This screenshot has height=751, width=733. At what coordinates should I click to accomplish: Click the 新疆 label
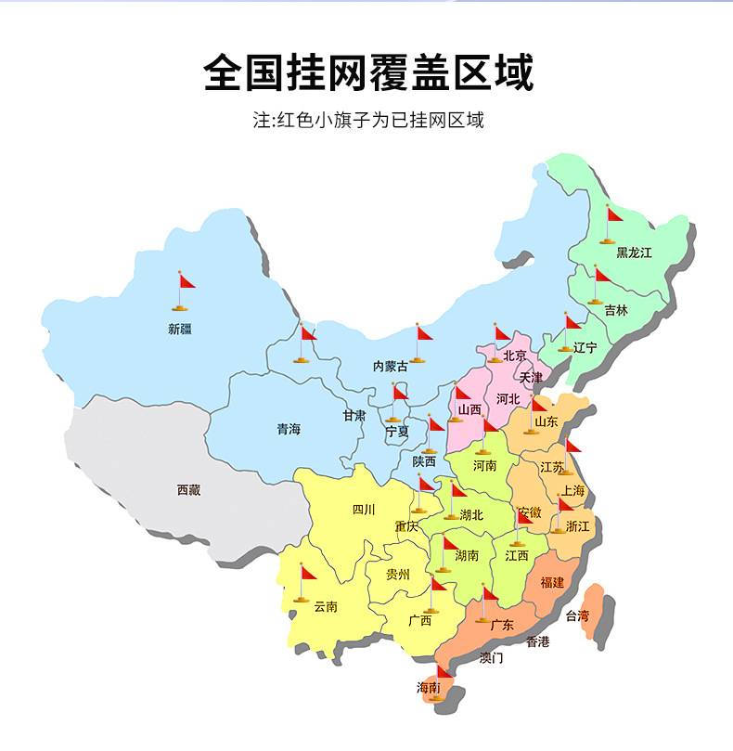180,329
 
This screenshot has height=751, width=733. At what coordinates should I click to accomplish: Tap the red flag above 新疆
186,281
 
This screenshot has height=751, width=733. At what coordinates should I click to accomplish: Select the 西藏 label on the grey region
188,489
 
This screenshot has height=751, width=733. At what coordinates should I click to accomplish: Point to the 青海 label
289,429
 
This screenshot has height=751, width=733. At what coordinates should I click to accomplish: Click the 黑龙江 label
635,252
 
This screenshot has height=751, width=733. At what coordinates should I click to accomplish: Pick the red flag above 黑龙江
613,214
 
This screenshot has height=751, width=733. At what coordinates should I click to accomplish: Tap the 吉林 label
615,310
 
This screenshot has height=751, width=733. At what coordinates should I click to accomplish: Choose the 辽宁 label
585,348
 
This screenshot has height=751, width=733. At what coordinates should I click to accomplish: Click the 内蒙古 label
390,367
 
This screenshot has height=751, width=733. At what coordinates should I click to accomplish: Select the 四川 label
364,509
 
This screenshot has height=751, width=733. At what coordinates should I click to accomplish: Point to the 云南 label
326,606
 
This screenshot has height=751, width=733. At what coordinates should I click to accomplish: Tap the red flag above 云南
308,573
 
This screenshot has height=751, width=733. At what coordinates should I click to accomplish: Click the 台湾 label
577,615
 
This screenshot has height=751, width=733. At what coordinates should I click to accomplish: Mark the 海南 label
428,687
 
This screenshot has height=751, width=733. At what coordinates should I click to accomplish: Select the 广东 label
502,625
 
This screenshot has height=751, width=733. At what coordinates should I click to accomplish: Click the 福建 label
552,582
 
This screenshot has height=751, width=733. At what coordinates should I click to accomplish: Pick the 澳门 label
492,657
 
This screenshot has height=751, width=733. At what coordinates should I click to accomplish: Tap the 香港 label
538,641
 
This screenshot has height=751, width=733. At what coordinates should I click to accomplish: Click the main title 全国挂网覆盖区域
368,73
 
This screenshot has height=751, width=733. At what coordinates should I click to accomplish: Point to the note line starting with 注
368,121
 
